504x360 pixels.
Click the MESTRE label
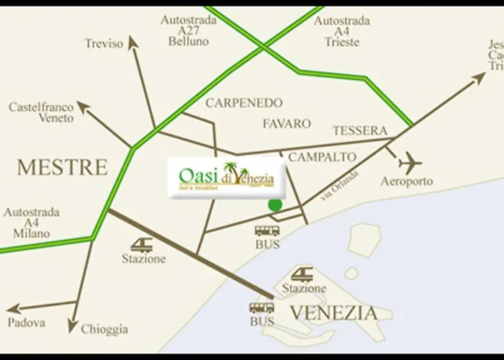62,168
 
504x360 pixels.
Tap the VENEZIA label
333,313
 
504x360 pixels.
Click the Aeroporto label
407,181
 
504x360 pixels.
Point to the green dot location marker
275,204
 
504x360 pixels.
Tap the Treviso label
104,43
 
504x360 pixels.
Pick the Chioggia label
104,328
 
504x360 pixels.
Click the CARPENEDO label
244,103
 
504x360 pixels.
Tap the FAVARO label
287,124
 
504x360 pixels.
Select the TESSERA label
360,131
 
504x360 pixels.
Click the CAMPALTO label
323,156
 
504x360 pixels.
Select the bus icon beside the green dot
267,230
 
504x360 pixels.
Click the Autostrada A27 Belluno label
189,31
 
